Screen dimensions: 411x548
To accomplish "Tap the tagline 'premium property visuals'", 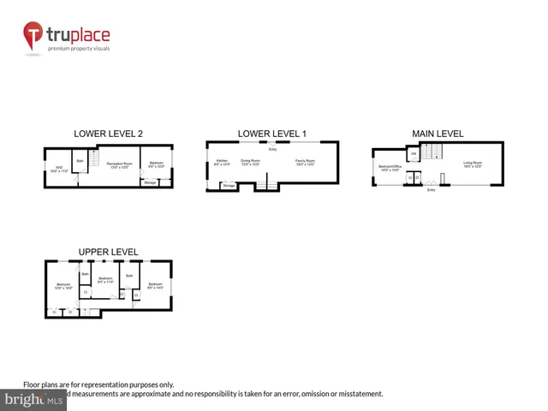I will [79, 49].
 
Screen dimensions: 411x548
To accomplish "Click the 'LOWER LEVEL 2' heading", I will [108, 134].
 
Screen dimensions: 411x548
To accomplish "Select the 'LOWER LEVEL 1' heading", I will [271, 134].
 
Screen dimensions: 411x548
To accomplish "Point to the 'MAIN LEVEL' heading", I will [438, 134].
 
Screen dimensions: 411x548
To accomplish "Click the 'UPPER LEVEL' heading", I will [108, 252].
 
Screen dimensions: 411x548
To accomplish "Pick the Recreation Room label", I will [121, 164].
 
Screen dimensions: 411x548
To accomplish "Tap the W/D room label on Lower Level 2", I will [59, 169].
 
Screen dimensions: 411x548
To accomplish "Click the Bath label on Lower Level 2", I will [80, 160].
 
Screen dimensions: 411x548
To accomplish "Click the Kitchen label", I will [222, 162].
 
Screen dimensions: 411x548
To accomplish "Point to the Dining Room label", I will [250, 162].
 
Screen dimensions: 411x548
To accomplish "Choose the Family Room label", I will [305, 162].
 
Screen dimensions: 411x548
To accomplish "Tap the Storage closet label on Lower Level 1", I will [229, 184].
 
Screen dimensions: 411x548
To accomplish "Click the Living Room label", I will [473, 163].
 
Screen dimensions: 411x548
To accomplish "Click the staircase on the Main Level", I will [434, 153].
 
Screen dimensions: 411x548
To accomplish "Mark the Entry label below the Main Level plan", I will [431, 190].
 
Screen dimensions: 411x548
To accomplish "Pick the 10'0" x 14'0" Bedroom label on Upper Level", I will [63, 286].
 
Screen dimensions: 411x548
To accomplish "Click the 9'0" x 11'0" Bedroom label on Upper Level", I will [105, 280].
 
